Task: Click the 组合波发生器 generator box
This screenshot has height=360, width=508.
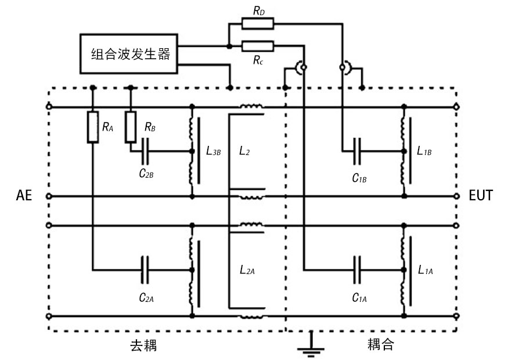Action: pyautogui.click(x=129, y=54)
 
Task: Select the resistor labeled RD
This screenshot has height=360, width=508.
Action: pyautogui.click(x=256, y=24)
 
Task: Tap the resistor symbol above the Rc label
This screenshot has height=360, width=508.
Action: pyautogui.click(x=256, y=46)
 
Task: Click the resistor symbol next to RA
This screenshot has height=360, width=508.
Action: pyautogui.click(x=92, y=127)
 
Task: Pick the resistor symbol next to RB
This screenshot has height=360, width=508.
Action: pyautogui.click(x=131, y=127)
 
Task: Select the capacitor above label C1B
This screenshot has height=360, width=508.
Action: pyautogui.click(x=359, y=152)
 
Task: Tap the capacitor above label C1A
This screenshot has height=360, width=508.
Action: pyautogui.click(x=359, y=269)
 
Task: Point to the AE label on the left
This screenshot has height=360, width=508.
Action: pyautogui.click(x=23, y=196)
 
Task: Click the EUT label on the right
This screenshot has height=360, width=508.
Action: pyautogui.click(x=481, y=196)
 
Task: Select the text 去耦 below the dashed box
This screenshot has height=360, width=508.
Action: pyautogui.click(x=143, y=346)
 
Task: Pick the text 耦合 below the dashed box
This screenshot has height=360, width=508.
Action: pyautogui.click(x=380, y=344)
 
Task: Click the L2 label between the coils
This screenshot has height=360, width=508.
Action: pyautogui.click(x=246, y=152)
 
